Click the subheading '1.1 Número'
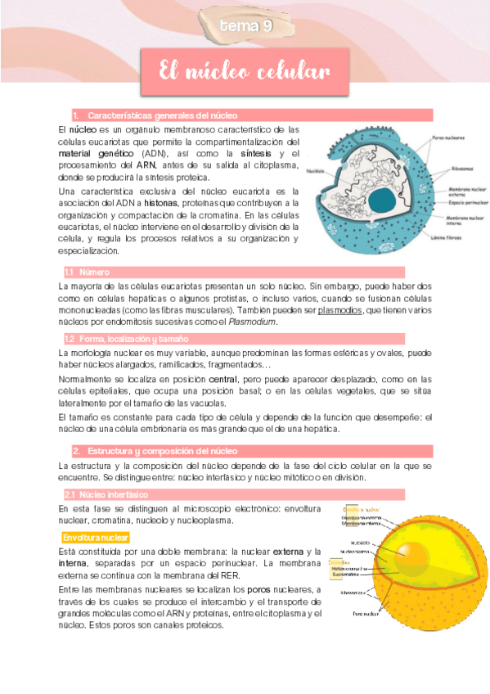[82, 272]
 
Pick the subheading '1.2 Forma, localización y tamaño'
[126, 338]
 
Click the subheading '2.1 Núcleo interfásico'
[102, 494]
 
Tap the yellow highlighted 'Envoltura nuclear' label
[95, 538]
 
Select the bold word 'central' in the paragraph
[223, 380]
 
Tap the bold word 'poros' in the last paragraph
[259, 590]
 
